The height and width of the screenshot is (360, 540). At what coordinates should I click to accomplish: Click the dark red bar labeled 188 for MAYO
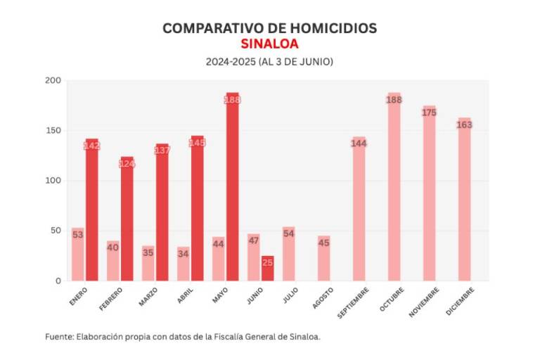[x=232, y=190]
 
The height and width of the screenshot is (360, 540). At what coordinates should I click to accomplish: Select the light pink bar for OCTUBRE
[x=394, y=190]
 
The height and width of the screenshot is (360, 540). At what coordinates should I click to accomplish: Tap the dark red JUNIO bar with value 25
[x=267, y=269]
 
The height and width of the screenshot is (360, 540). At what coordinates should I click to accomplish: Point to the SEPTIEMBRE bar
[x=359, y=211]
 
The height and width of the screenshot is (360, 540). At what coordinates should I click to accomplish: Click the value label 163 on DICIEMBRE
[x=464, y=124]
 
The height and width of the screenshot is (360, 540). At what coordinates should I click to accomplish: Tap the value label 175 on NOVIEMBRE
[x=429, y=112]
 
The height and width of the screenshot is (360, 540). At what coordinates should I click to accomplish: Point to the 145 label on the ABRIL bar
[x=197, y=143]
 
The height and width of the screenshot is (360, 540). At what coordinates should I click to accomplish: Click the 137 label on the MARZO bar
[x=162, y=150]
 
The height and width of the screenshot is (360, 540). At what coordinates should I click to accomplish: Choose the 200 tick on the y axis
[x=53, y=80]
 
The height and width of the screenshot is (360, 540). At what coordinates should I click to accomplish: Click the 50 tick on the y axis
[x=56, y=231]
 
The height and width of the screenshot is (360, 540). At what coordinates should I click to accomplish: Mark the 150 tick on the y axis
[x=53, y=131]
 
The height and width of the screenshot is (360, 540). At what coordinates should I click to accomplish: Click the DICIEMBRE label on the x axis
[x=460, y=302]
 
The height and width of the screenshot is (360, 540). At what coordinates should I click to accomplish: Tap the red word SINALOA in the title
[x=269, y=44]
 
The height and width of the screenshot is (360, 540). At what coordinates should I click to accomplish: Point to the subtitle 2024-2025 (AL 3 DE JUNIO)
[x=269, y=62]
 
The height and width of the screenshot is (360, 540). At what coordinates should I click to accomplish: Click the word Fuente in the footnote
[x=59, y=337]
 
